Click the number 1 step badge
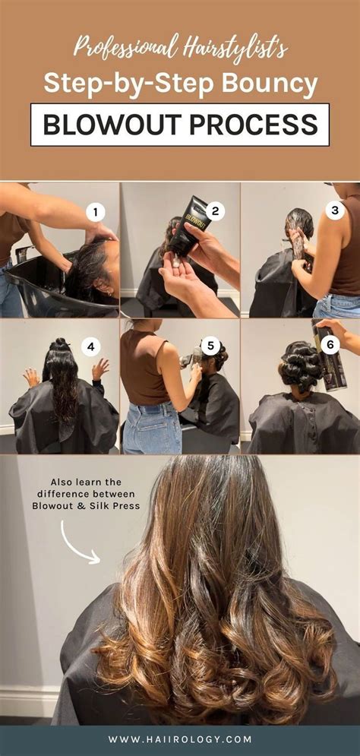pyautogui.click(x=95, y=212)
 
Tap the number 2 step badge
pyautogui.click(x=216, y=212)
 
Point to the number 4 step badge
pyautogui.click(x=92, y=347)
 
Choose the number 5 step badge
pyautogui.click(x=212, y=347)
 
